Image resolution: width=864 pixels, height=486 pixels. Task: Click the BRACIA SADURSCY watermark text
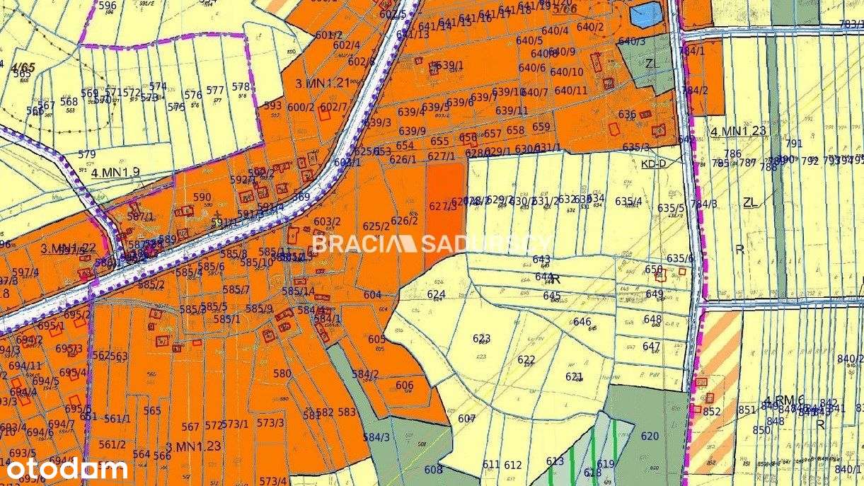point(432,244)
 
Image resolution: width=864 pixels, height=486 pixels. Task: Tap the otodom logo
point(67,468)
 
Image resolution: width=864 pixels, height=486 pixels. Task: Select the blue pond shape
point(645,15)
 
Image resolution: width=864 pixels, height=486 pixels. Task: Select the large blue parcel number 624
point(437,294)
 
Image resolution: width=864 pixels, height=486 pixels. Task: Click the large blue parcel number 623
point(482,338)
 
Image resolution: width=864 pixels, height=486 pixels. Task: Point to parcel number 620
point(650,436)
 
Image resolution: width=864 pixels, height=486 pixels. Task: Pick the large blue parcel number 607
point(466,419)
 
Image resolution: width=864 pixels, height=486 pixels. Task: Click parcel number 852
point(712,412)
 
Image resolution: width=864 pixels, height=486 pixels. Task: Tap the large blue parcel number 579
point(86,154)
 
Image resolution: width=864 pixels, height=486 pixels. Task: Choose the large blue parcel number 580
point(282,374)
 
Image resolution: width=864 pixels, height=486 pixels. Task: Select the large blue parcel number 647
point(651,347)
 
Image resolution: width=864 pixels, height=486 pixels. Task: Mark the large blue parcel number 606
point(405,386)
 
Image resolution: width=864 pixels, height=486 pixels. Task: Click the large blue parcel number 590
point(202,197)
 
